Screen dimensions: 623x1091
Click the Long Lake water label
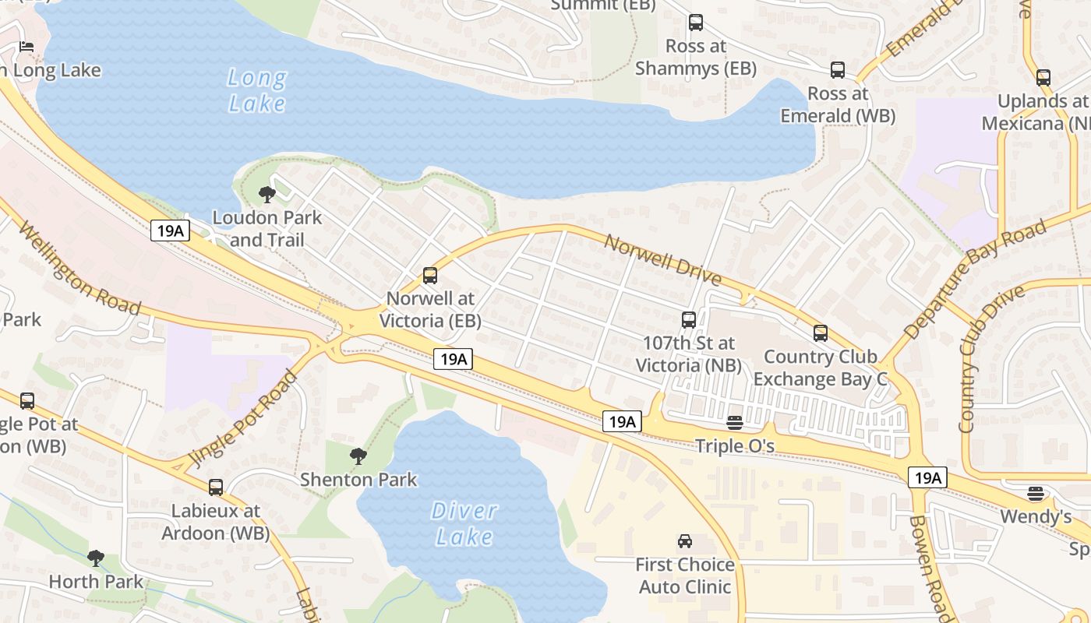[257, 90]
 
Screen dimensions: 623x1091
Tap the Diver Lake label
[464, 523]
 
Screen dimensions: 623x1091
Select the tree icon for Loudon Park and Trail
[267, 195]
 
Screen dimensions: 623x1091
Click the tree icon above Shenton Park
[358, 456]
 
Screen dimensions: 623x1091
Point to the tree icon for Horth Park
[96, 558]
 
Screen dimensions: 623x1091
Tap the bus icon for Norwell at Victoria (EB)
[430, 275]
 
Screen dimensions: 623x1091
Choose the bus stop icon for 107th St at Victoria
[689, 319]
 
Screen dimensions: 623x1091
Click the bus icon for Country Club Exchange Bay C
[821, 333]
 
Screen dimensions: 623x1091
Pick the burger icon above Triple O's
[735, 423]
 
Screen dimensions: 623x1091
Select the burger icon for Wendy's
[1036, 493]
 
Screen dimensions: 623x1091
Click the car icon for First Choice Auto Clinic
[685, 541]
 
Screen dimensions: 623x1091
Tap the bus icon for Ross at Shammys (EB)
[696, 23]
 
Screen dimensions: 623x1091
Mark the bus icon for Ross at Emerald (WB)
[838, 70]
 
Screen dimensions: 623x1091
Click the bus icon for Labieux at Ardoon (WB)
[216, 487]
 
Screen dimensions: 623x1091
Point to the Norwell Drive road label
[662, 258]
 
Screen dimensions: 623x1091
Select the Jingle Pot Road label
[245, 419]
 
